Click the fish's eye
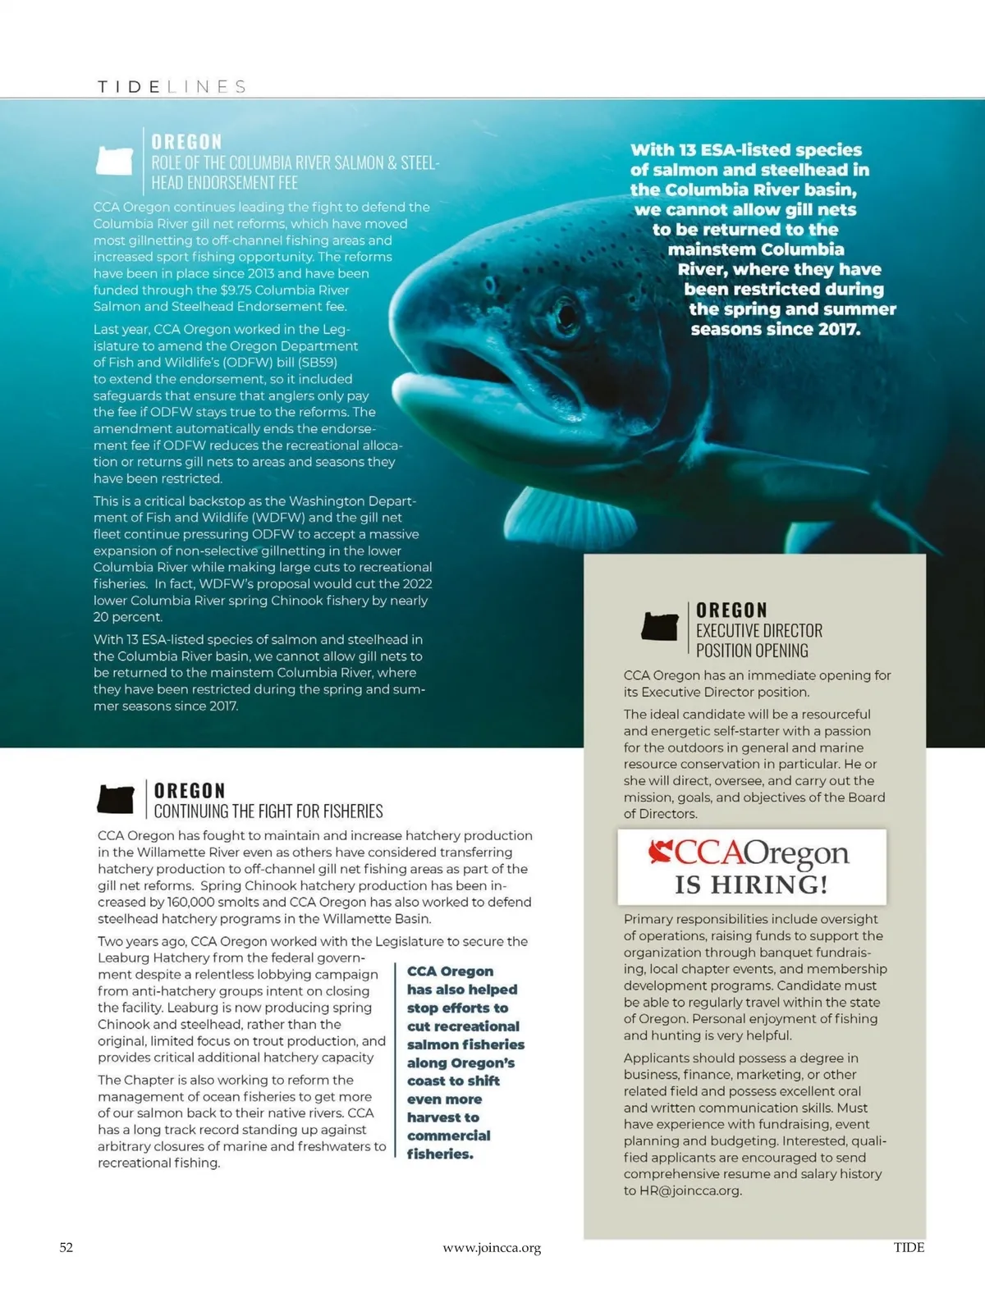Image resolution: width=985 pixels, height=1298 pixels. (x=566, y=313)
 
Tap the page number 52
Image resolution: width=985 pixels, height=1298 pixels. (x=66, y=1248)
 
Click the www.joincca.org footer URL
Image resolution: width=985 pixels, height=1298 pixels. (x=492, y=1249)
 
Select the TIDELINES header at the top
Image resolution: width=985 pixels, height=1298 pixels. (x=172, y=87)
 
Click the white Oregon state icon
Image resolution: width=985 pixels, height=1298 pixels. (x=114, y=160)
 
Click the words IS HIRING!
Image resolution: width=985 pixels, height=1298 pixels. (x=751, y=884)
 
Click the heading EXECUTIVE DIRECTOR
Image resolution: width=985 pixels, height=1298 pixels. (x=758, y=631)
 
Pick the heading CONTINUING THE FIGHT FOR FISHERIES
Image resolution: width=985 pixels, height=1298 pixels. (x=268, y=811)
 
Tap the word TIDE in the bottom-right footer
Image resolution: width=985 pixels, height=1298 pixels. (x=909, y=1248)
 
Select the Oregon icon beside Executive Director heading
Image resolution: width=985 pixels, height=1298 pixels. (x=659, y=628)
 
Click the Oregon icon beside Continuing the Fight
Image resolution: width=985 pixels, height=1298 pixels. (x=116, y=799)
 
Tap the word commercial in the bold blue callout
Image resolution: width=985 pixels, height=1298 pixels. (x=448, y=1136)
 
